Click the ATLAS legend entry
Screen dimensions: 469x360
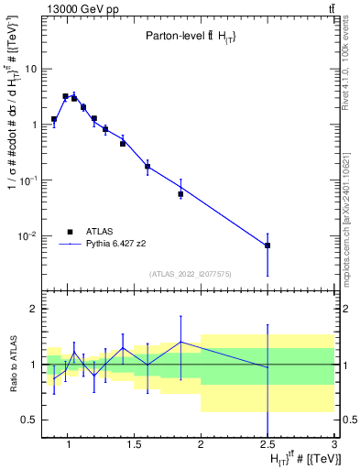pos(102,232)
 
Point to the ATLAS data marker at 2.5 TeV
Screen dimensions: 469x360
pos(267,245)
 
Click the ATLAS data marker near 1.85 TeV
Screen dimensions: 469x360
pos(180,194)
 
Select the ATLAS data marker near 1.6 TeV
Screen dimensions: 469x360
pos(147,167)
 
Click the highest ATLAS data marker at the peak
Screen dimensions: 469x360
pos(65,96)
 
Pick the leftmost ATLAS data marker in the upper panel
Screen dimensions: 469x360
pos(54,120)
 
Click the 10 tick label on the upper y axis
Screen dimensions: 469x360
pos(32,69)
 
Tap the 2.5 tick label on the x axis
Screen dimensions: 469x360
pos(267,446)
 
